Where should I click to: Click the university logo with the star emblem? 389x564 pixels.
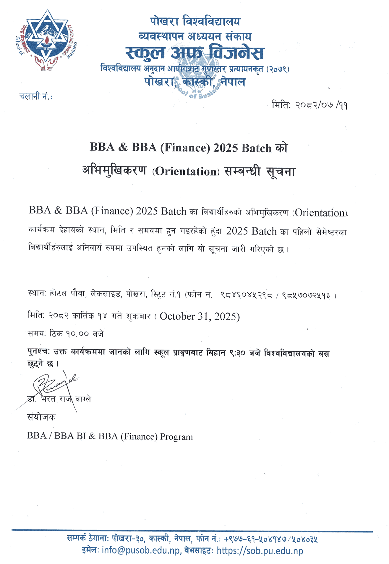click(46, 40)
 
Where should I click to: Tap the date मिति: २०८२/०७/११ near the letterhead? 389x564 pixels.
click(309, 105)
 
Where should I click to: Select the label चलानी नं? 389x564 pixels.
click(36, 96)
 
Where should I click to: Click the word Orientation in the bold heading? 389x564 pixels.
click(186, 172)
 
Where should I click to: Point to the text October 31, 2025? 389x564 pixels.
click(200, 316)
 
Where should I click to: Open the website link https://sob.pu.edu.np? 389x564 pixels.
click(260, 550)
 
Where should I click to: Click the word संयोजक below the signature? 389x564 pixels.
click(41, 417)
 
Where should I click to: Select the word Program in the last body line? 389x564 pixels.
click(176, 437)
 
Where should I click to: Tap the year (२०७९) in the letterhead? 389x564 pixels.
click(278, 69)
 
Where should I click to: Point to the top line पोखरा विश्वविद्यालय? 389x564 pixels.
click(195, 21)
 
